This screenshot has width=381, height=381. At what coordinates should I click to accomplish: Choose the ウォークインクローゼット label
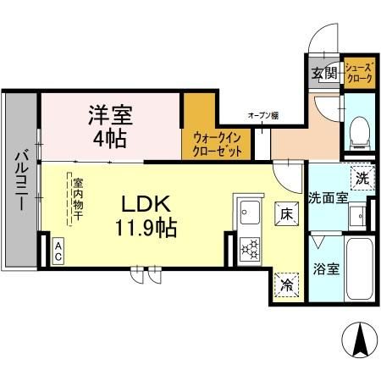[217, 144]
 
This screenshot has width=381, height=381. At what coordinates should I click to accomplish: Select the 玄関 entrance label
[323, 73]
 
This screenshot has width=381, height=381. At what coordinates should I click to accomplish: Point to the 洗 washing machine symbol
[362, 178]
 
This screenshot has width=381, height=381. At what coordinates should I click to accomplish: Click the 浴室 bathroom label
[327, 270]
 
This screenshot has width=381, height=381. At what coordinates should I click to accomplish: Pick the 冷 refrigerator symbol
[288, 284]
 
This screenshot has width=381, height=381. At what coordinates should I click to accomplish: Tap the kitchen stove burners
[249, 247]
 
